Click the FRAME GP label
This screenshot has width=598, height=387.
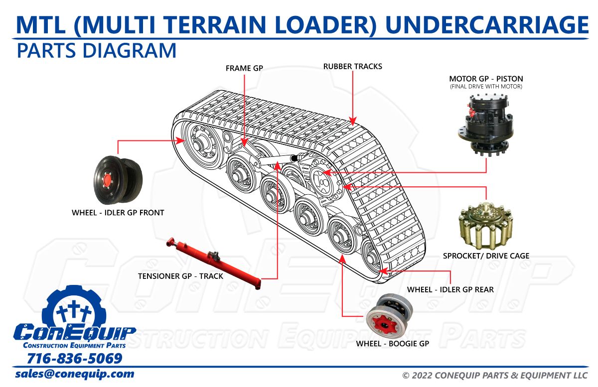pyautogui.click(x=244, y=68)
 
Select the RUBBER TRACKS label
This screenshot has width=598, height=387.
pyautogui.click(x=352, y=66)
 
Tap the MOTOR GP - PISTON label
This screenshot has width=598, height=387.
pyautogui.click(x=486, y=79)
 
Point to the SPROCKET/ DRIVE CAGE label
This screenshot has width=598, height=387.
pyautogui.click(x=486, y=256)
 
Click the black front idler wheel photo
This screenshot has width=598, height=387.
pyautogui.click(x=118, y=179)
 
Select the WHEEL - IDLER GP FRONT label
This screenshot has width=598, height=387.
pyautogui.click(x=118, y=213)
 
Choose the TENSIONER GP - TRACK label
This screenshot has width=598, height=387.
pyautogui.click(x=180, y=276)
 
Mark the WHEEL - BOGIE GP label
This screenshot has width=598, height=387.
pyautogui.click(x=392, y=344)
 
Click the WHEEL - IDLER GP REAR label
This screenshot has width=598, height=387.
pyautogui.click(x=450, y=289)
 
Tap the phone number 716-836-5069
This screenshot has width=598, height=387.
pyautogui.click(x=74, y=359)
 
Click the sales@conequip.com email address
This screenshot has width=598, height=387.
pyautogui.click(x=75, y=374)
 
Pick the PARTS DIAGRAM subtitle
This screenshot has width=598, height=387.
pyautogui.click(x=97, y=51)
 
